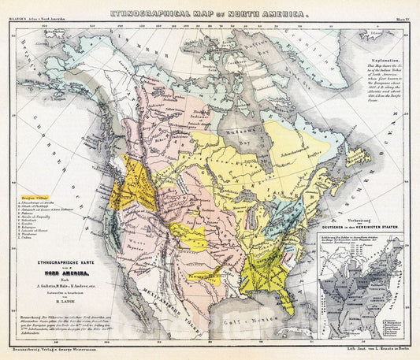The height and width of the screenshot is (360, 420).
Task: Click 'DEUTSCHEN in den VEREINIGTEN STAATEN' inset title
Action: pos(363,224)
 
